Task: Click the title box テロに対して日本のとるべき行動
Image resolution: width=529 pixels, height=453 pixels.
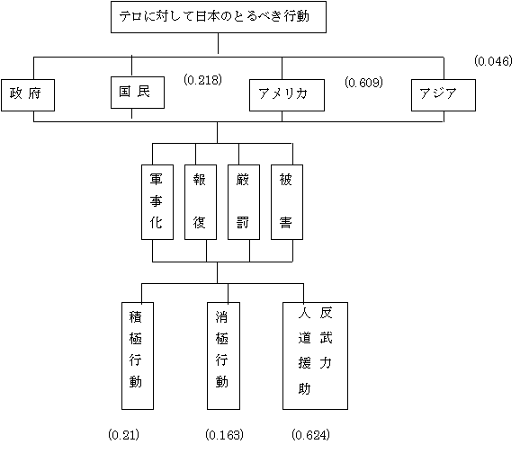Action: tap(219, 17)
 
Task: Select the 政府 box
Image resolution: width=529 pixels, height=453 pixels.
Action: tap(28, 95)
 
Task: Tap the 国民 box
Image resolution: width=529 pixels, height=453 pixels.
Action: tap(138, 93)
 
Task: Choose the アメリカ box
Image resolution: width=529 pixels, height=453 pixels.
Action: tap(287, 95)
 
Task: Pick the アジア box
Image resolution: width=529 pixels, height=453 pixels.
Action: tap(444, 95)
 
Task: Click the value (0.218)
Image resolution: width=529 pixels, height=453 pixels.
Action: tap(202, 80)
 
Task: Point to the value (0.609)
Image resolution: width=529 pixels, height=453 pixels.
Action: tap(363, 83)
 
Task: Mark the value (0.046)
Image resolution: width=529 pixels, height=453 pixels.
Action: tap(493, 61)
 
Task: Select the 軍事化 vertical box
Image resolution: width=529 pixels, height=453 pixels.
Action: tap(157, 202)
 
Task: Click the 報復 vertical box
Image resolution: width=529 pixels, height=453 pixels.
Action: tap(201, 202)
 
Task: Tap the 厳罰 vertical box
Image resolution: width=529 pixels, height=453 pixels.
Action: tap(244, 202)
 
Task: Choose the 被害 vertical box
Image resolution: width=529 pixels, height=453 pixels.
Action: tap(287, 202)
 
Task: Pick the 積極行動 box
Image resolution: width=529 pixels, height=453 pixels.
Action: tap(138, 356)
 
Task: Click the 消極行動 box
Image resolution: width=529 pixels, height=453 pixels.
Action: tap(223, 356)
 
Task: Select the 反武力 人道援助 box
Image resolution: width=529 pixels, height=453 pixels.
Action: tap(315, 356)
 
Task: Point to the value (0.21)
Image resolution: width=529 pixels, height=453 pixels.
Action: tap(123, 435)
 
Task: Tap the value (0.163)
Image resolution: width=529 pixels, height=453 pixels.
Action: tap(224, 435)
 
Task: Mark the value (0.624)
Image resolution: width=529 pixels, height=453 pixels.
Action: tap(310, 435)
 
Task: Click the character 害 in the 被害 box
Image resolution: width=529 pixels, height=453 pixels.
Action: tap(285, 223)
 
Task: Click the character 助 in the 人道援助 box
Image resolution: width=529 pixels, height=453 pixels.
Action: tap(304, 389)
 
